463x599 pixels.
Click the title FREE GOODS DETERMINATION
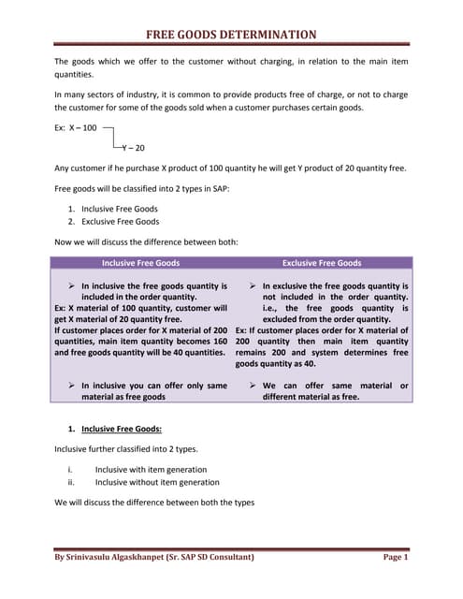click(231, 36)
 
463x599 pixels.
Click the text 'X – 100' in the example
click(82, 127)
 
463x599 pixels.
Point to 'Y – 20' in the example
click(133, 148)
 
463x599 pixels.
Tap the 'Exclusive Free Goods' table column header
click(321, 263)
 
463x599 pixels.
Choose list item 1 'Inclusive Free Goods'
click(120, 209)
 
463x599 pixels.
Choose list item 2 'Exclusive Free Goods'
click(121, 222)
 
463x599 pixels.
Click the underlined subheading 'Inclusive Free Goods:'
click(122, 429)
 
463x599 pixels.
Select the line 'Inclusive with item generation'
click(151, 469)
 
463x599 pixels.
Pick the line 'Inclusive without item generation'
click(157, 482)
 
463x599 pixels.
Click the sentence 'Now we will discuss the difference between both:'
click(147, 242)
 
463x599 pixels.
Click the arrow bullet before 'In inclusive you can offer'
click(72, 385)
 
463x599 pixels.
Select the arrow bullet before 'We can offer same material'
click(253, 385)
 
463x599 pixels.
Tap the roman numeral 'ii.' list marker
click(71, 482)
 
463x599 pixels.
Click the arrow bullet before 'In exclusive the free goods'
click(253, 285)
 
